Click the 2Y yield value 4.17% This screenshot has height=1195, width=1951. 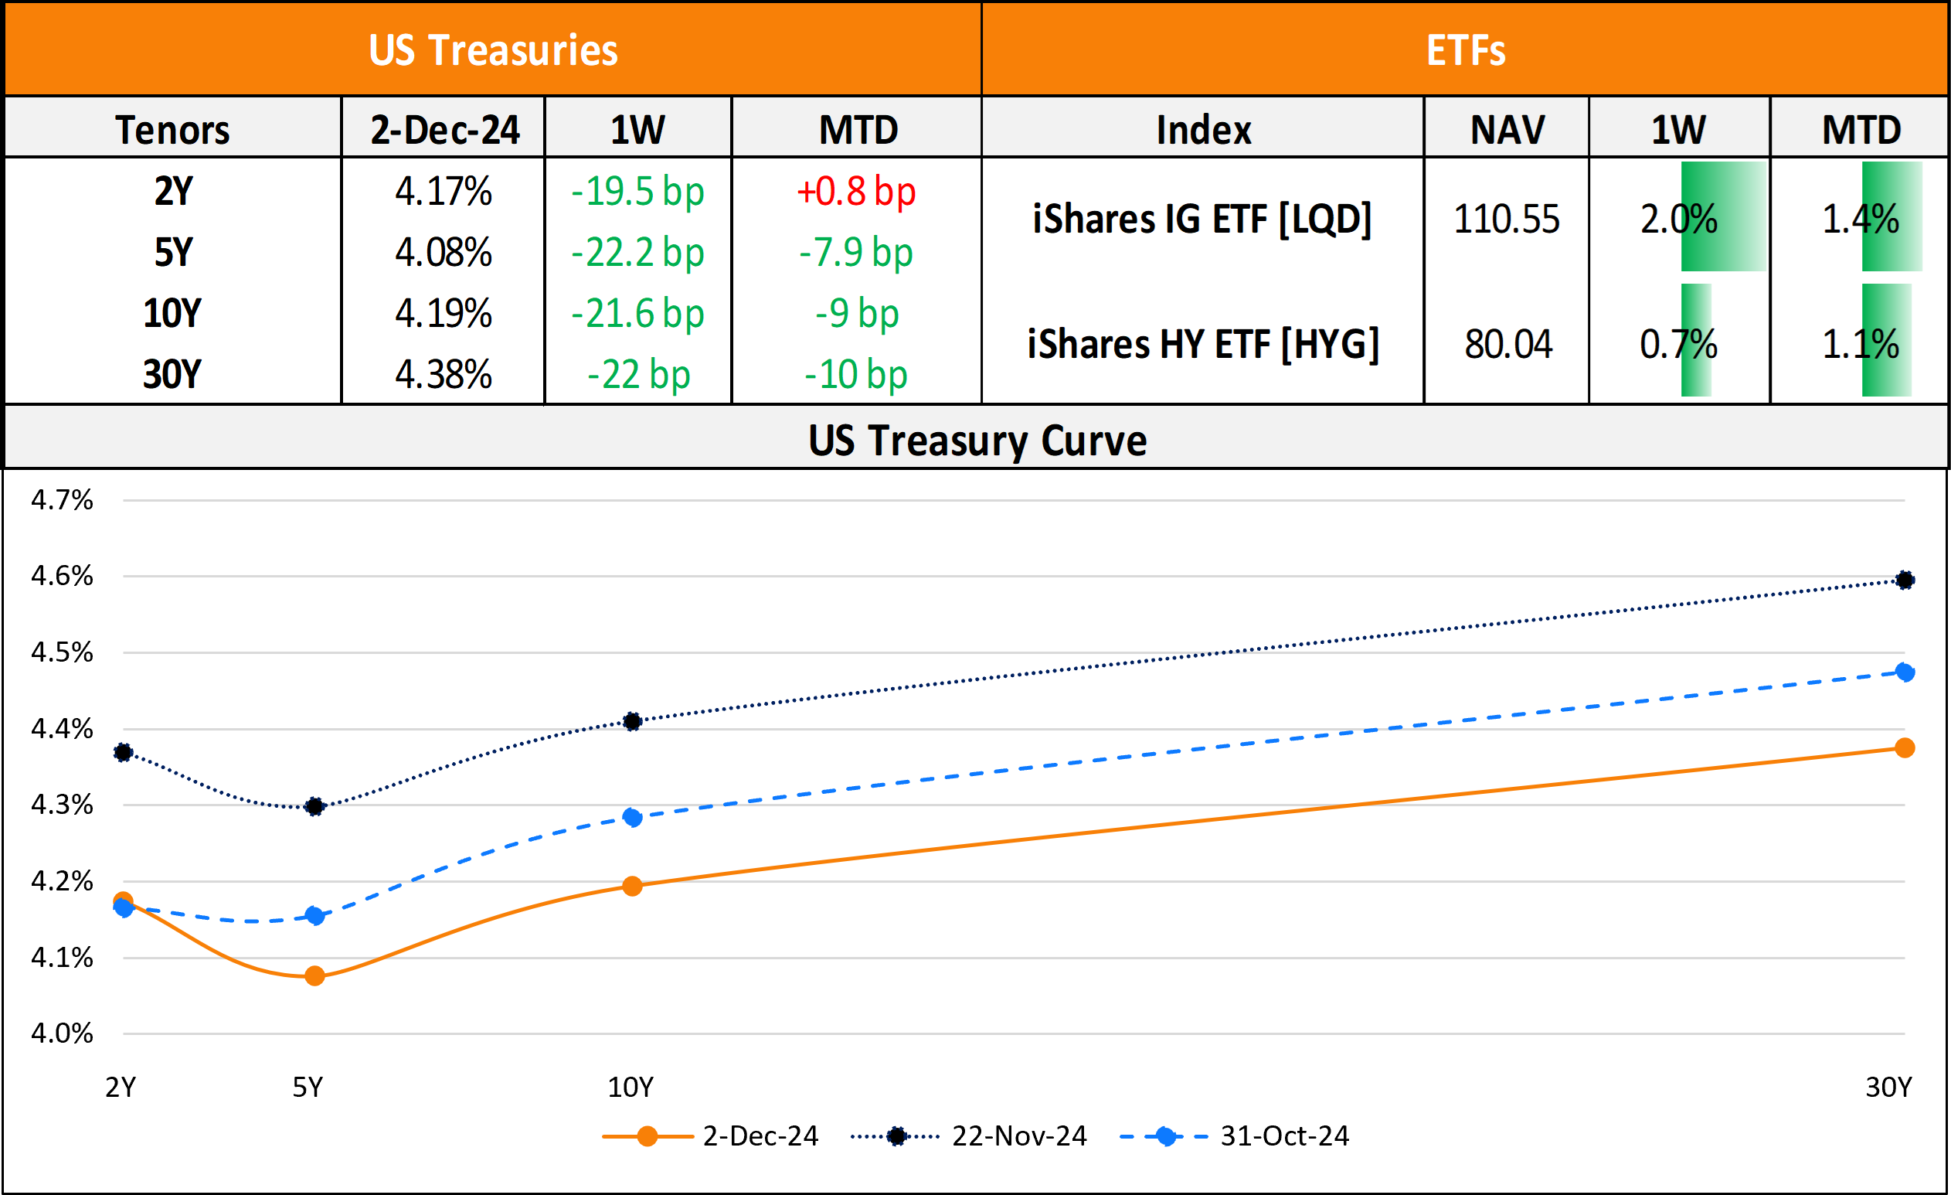444,192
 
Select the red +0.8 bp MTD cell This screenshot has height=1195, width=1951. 856,192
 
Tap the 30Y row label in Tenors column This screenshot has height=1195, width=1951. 172,375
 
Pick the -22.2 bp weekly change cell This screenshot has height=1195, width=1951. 637,253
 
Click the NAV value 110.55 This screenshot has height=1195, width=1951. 1506,220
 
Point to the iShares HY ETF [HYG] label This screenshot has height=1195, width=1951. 1203,345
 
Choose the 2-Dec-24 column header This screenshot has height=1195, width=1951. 444,130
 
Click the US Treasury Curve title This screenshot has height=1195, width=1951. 977,441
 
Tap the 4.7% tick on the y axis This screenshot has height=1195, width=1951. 62,500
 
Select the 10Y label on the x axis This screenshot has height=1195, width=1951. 631,1088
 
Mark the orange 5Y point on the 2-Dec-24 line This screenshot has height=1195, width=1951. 314,975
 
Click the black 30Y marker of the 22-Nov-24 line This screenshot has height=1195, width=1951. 1905,580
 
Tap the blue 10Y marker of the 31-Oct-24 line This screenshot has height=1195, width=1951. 632,817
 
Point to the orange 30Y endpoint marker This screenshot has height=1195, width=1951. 1905,747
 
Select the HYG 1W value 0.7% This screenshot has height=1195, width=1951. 1677,345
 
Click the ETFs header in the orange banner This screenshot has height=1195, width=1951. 1466,50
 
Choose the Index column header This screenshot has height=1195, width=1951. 1204,130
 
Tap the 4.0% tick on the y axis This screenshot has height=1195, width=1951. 62,1033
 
